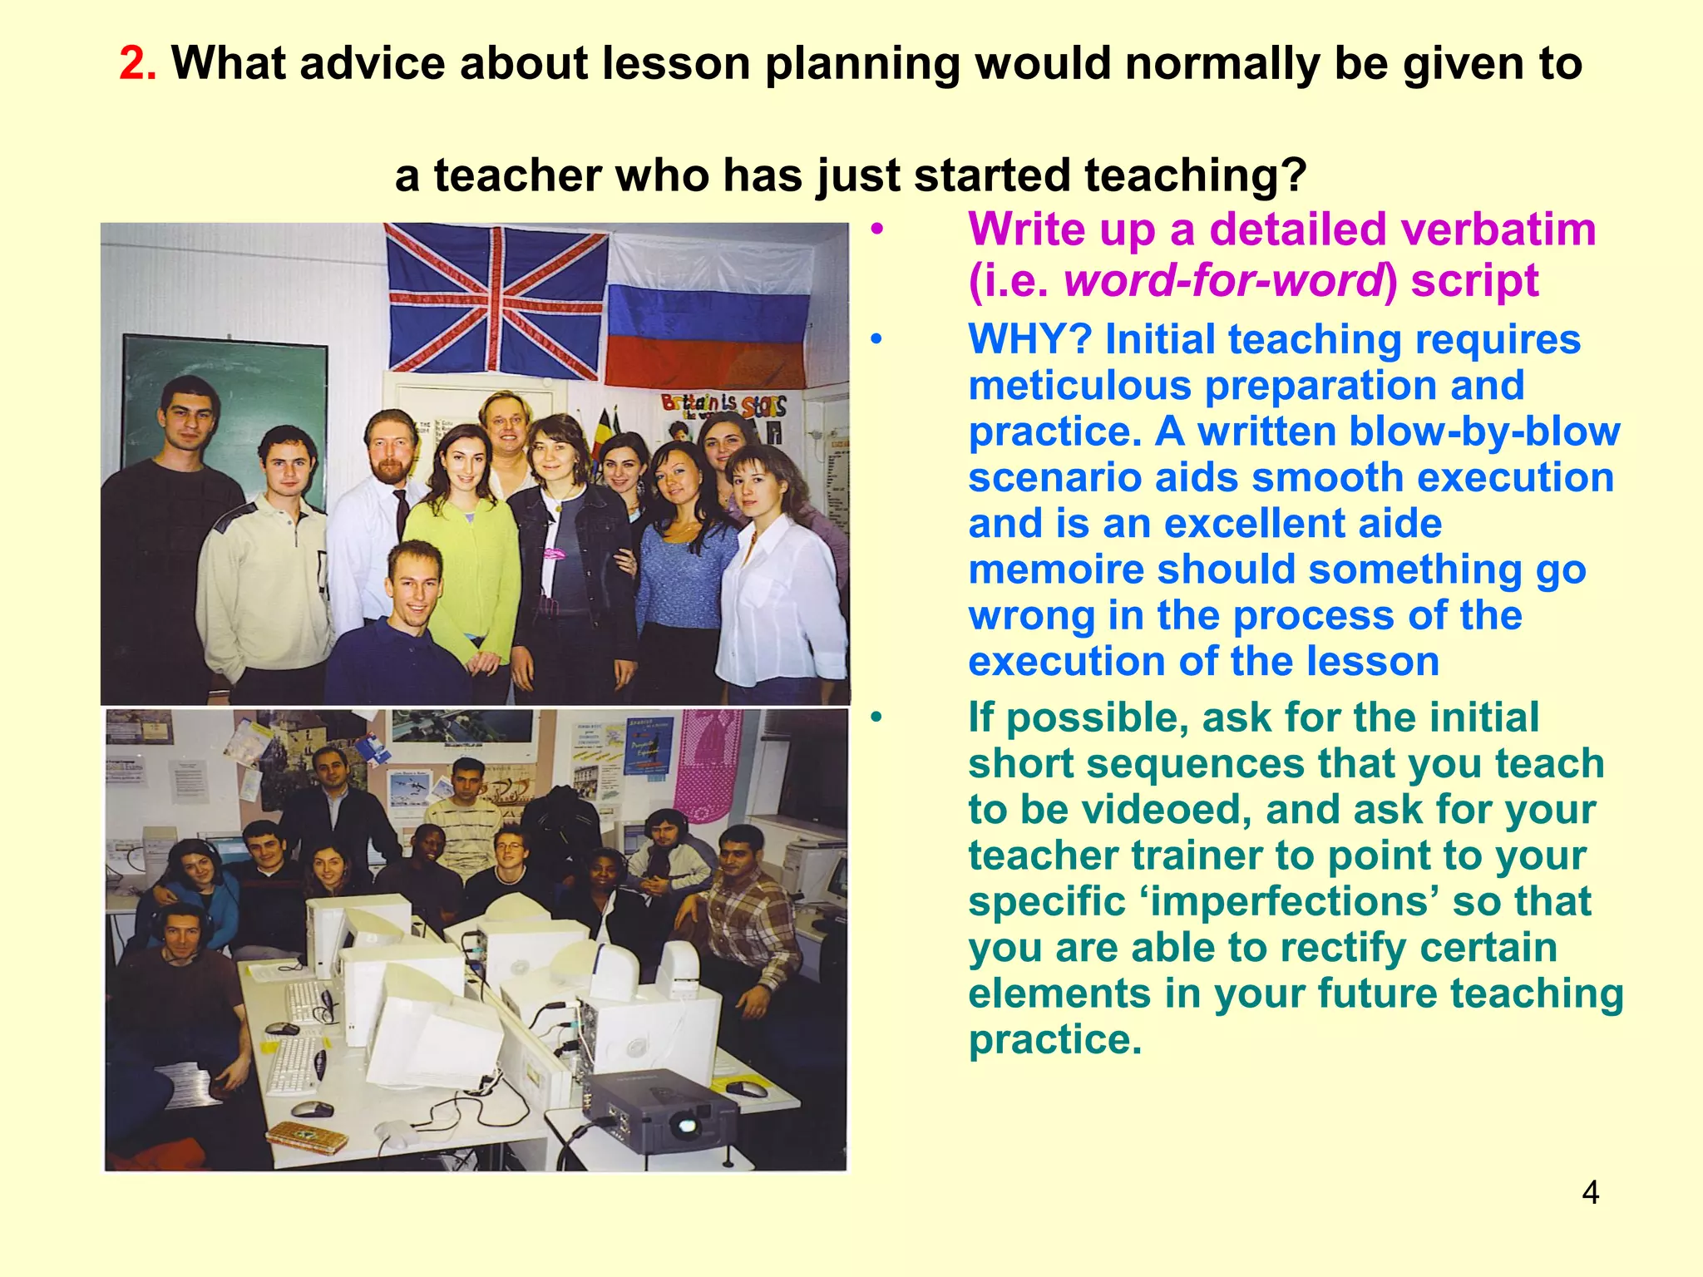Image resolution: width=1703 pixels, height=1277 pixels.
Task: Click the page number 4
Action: click(1590, 1193)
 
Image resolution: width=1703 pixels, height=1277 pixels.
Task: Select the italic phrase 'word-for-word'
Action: click(1222, 280)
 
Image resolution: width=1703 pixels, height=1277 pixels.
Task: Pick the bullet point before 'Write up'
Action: click(876, 230)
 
